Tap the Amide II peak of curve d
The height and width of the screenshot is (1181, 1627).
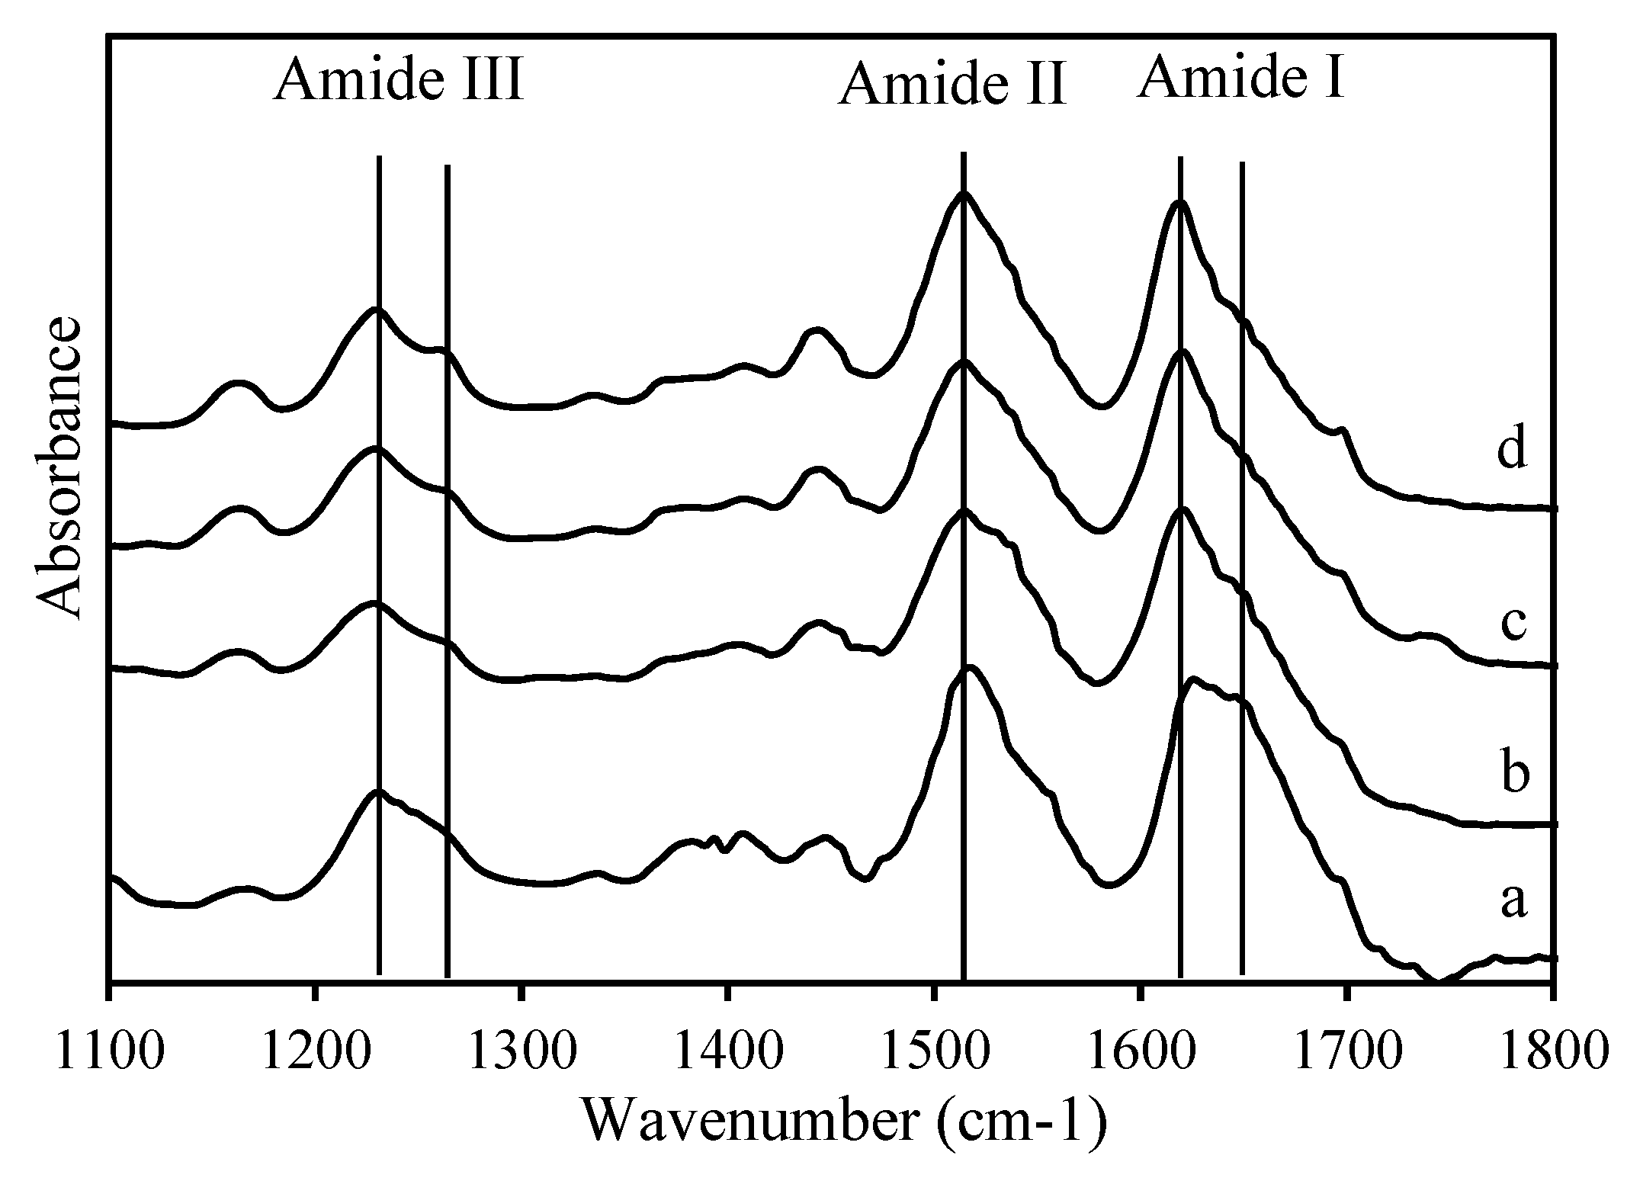point(964,193)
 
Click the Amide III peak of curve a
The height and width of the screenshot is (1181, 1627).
point(377,791)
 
